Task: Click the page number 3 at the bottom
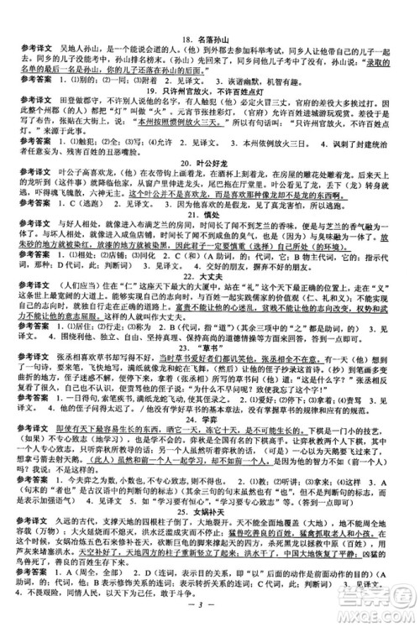210,611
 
